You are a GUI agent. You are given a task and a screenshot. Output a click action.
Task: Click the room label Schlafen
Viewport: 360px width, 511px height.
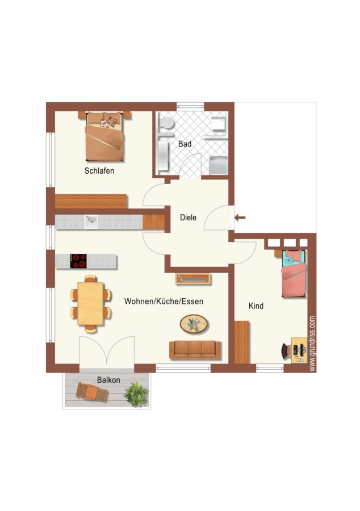coord(99,171)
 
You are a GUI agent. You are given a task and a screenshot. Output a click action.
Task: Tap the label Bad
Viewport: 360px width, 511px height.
coord(185,144)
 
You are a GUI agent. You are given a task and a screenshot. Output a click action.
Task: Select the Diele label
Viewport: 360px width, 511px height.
coord(189,217)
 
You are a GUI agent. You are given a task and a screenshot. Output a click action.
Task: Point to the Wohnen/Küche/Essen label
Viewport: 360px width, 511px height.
coord(164,301)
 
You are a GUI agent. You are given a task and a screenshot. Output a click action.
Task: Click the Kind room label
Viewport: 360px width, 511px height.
coord(256,305)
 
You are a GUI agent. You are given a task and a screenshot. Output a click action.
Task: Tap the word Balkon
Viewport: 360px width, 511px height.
coord(108,380)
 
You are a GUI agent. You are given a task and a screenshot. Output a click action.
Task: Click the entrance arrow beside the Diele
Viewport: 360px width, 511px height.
coord(240,217)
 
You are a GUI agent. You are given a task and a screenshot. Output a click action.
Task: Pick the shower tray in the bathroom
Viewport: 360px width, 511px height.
coord(218,165)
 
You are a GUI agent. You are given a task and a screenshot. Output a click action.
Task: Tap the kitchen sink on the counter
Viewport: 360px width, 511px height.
coord(91,222)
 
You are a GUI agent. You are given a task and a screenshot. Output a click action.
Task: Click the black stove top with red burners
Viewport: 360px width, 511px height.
coord(78,261)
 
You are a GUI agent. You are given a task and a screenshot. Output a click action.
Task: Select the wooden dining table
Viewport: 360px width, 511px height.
coord(91,304)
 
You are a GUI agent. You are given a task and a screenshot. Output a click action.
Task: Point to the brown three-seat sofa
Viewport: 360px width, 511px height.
coord(195,350)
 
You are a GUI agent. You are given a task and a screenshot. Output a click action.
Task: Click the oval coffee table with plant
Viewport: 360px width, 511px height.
coord(194,324)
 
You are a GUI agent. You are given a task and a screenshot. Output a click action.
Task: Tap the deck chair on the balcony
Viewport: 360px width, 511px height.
coord(91,392)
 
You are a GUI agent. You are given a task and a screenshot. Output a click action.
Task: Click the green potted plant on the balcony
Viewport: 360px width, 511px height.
coord(136,395)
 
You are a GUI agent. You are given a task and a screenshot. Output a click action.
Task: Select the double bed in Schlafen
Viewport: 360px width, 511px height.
coord(104,136)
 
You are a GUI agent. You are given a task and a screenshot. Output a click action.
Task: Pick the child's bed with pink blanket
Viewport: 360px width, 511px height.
coord(294,274)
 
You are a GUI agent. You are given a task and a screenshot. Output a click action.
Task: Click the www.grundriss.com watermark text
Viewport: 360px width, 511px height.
coord(312,344)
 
